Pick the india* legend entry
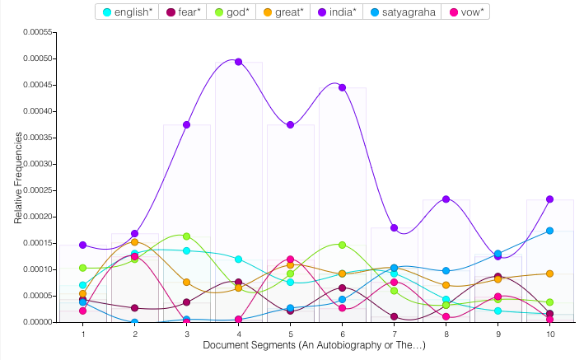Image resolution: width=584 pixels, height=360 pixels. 357,12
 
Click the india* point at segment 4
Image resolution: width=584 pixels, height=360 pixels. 238,62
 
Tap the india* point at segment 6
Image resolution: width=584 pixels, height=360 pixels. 342,87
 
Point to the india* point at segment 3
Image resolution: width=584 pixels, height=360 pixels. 187,124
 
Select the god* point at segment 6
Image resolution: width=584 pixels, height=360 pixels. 342,245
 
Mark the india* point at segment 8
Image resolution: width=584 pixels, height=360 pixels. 446,199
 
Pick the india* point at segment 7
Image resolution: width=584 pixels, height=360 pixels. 394,227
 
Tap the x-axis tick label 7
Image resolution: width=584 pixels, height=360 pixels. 394,334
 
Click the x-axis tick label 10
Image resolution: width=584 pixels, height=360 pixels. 549,334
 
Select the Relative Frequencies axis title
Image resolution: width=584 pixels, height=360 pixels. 17,177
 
